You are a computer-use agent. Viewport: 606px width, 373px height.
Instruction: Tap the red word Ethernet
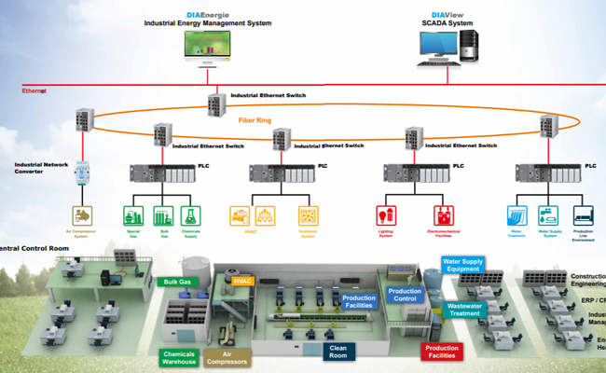[34, 90]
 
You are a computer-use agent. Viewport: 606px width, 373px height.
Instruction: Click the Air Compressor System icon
[84, 216]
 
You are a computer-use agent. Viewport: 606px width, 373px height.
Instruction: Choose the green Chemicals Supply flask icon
[191, 216]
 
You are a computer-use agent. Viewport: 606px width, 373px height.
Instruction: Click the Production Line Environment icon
[582, 216]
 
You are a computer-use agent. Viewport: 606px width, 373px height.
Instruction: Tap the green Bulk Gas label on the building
[177, 282]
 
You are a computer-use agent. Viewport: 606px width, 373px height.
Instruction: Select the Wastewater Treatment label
[464, 310]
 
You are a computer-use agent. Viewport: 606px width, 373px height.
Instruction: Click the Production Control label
[405, 296]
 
